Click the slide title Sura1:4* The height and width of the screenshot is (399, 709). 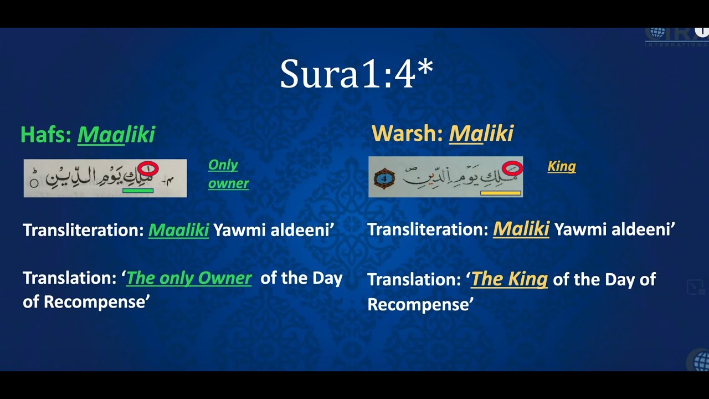[356, 74]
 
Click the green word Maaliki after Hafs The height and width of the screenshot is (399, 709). [116, 135]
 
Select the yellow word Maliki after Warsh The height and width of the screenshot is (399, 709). [481, 134]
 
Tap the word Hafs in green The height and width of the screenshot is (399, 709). [46, 135]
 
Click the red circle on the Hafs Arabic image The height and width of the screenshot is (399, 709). [149, 168]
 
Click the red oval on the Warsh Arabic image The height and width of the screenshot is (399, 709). [513, 167]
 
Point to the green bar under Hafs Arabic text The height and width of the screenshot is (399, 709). [138, 191]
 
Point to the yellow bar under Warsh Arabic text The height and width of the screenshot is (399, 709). [501, 193]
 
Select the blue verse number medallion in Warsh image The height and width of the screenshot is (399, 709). [384, 178]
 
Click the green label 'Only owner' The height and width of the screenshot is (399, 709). [228, 174]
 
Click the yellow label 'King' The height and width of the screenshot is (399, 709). [562, 166]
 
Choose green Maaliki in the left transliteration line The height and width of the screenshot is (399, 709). [178, 230]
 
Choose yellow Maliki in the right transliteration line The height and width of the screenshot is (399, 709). [521, 229]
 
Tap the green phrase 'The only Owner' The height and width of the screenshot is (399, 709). [189, 278]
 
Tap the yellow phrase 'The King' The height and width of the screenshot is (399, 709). [509, 279]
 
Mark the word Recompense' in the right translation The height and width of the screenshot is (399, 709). [420, 304]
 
